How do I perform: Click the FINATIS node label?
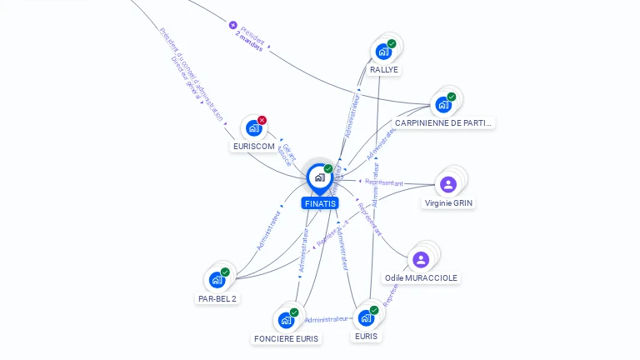tap(320, 203)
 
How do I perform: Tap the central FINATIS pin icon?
tap(319, 177)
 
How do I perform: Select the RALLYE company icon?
tap(383, 51)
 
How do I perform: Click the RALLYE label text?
tap(384, 70)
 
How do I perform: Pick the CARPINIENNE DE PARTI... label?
tap(443, 123)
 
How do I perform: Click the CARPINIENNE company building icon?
tap(443, 105)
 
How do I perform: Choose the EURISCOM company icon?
tap(253, 127)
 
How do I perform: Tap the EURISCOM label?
tap(253, 147)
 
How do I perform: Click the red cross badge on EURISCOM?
tap(262, 120)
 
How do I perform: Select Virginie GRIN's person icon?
tap(448, 184)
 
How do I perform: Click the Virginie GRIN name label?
tap(449, 203)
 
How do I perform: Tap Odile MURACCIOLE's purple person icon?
tap(421, 259)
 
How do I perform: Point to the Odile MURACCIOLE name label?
tap(421, 278)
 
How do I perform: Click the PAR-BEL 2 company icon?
tap(217, 279)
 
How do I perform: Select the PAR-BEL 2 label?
tap(217, 298)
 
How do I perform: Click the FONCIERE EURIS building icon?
tap(286, 319)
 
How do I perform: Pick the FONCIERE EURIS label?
tap(286, 338)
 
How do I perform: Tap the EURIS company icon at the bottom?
tap(366, 317)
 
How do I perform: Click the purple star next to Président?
tap(233, 25)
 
